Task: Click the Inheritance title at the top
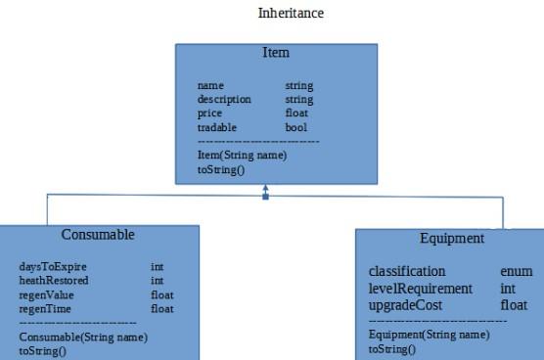(x=291, y=14)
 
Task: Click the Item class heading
(x=276, y=52)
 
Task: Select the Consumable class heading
(x=98, y=235)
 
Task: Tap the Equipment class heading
(x=451, y=239)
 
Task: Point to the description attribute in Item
(x=224, y=99)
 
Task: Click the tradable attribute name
(x=215, y=126)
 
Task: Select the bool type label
(x=295, y=126)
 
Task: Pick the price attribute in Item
(x=209, y=112)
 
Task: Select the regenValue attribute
(x=46, y=294)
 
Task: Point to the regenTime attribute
(x=45, y=308)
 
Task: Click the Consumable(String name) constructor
(x=82, y=337)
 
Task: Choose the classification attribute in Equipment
(x=406, y=271)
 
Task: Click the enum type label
(x=516, y=271)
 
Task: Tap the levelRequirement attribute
(x=420, y=289)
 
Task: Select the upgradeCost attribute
(x=405, y=305)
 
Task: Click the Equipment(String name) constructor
(x=429, y=335)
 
